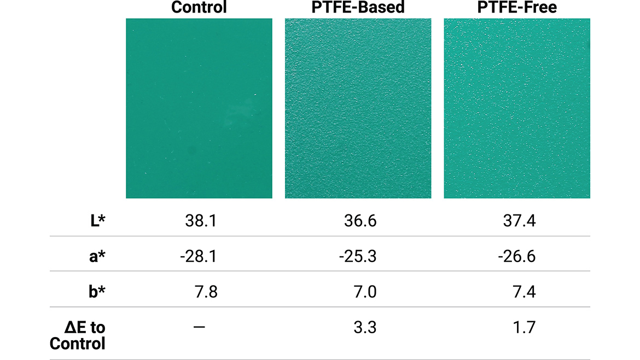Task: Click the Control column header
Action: coord(199,8)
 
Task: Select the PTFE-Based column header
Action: coord(358,8)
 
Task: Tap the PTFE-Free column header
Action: coord(516,8)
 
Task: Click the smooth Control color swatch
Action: coord(199,108)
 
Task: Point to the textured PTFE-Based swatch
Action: coord(358,108)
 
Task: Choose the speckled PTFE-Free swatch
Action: coord(516,108)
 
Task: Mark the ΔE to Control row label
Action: coord(78,335)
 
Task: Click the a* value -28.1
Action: coord(197,256)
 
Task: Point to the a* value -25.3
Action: coord(357,256)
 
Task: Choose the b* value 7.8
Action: coord(206,292)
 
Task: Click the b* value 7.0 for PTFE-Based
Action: coord(365,292)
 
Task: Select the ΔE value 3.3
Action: coord(365,327)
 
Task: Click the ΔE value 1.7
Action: coord(523,327)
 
